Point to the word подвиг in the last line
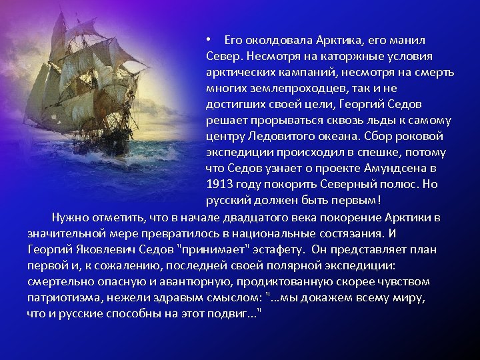pyautogui.click(x=235, y=313)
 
